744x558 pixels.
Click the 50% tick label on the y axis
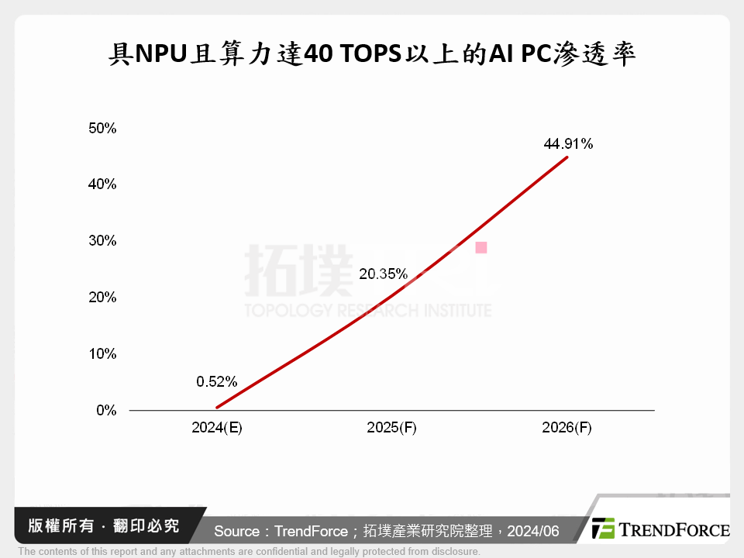click(x=102, y=128)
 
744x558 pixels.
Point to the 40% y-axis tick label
click(x=102, y=184)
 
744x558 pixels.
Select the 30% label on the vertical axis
click(x=102, y=241)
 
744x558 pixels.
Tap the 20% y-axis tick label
click(x=102, y=298)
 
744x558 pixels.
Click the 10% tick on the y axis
click(x=102, y=354)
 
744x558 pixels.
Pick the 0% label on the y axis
click(x=106, y=410)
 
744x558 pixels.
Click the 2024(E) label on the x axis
click(x=217, y=428)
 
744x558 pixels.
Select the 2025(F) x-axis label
click(x=391, y=428)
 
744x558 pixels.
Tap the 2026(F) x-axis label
click(x=567, y=428)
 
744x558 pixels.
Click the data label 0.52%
click(x=217, y=381)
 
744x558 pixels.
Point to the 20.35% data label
click(x=383, y=274)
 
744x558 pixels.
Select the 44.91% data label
click(x=568, y=143)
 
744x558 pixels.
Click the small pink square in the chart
click(x=480, y=248)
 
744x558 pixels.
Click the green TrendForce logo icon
click(x=603, y=529)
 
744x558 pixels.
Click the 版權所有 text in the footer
click(x=54, y=526)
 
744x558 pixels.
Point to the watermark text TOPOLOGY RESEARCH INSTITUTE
click(x=368, y=311)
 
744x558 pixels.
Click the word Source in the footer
click(x=236, y=531)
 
